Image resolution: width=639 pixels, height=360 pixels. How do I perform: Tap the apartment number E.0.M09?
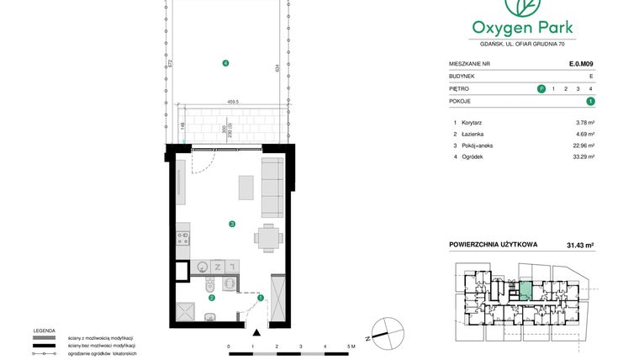click(581, 63)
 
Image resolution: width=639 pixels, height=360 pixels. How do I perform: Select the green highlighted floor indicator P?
click(540, 88)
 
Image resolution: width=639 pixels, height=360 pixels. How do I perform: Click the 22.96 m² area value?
click(584, 145)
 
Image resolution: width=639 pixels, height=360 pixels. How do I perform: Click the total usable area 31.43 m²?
click(579, 246)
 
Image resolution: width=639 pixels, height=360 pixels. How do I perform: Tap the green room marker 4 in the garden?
click(225, 64)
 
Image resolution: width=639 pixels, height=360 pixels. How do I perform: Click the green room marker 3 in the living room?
click(231, 224)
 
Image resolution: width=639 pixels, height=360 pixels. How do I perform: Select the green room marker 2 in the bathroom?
click(212, 297)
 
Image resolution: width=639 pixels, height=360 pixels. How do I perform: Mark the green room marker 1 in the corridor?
click(260, 297)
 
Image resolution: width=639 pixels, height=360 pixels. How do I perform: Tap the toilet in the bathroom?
click(208, 285)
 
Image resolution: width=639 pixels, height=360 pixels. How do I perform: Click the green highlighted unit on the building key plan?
click(524, 291)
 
